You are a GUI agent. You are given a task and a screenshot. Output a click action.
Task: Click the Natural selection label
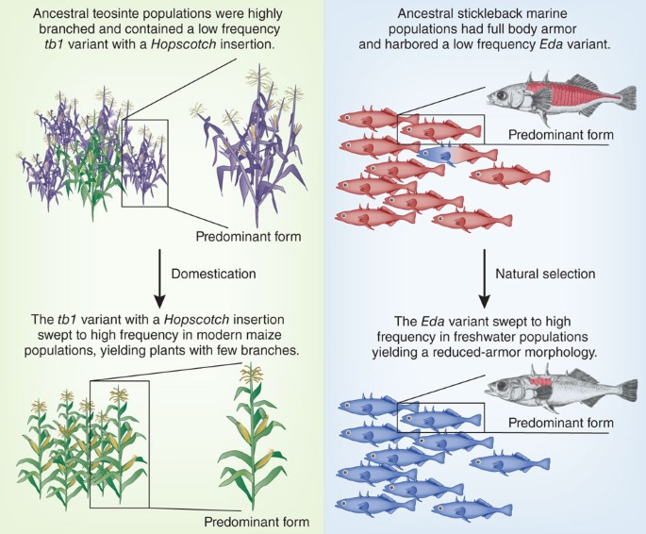pos(546,274)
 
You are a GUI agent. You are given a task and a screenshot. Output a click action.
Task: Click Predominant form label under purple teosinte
pos(249,236)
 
